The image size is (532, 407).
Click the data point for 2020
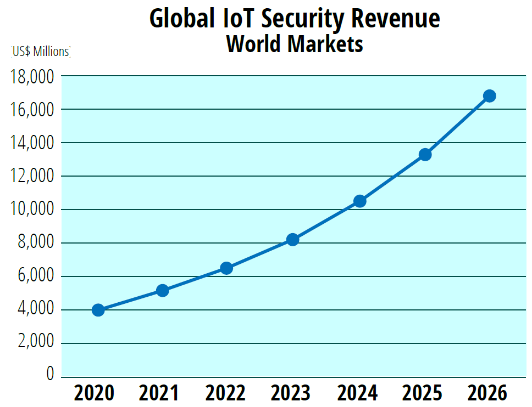98,310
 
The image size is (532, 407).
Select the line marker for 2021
162,290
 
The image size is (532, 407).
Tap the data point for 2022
226,268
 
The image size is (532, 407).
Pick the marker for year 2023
293,239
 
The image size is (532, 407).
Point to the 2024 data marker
360,201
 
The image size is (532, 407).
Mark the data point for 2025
425,154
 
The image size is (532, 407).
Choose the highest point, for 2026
489,96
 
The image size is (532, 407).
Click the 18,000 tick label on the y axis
32,76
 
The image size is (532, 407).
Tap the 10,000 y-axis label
32,210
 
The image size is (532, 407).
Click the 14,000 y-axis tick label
32,143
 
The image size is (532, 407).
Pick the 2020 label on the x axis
94,393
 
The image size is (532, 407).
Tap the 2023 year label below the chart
291,393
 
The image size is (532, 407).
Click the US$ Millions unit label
41,52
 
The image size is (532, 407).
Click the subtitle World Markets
295,44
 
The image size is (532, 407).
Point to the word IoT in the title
237,19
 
